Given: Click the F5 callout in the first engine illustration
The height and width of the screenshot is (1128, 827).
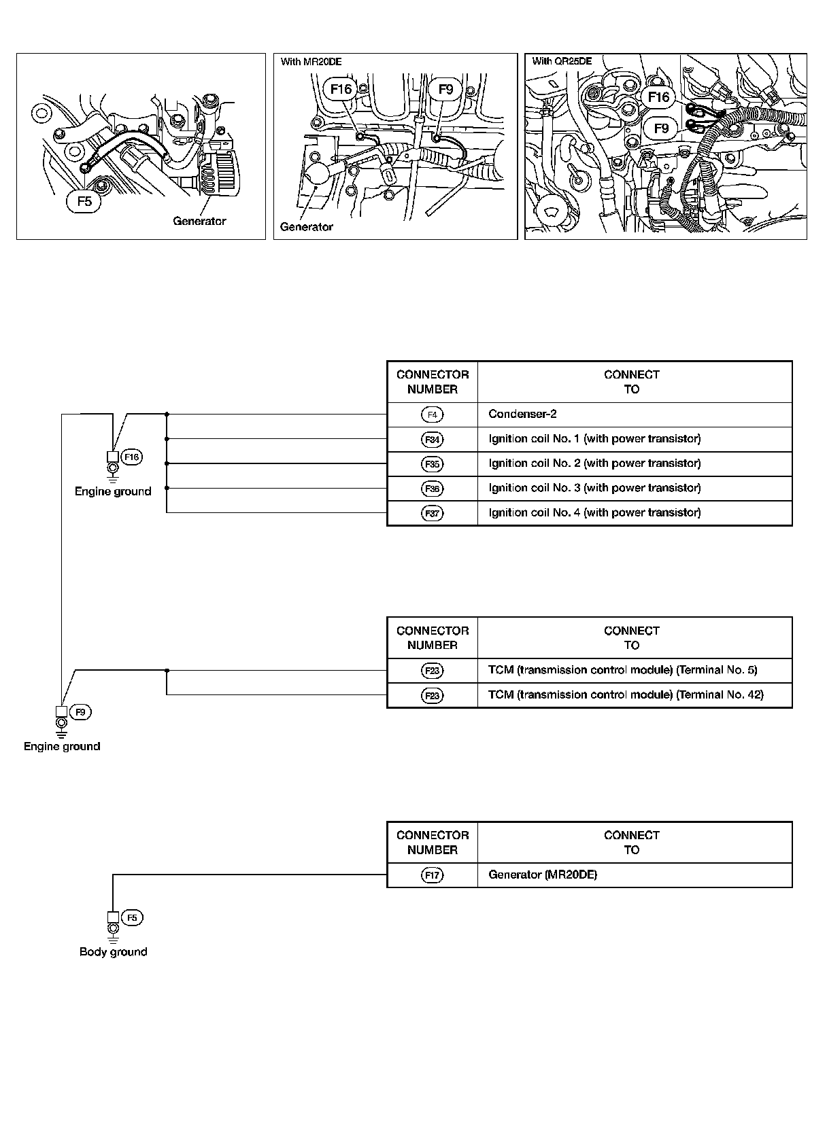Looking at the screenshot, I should pos(84,201).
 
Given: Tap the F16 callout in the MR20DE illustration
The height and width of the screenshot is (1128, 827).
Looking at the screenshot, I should pos(341,89).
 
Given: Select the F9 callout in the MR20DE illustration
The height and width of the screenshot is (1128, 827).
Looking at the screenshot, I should pos(446,89).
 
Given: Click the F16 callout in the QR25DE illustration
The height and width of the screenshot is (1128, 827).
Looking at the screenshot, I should pos(658,97).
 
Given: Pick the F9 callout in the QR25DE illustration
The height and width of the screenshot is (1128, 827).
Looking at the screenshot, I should pos(661,128).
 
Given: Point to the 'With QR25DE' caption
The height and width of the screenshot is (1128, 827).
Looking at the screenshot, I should pos(562,61).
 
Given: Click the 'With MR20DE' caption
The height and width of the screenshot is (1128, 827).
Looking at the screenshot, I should pos(311,62).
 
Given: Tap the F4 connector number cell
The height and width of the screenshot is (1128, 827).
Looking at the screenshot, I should pos(432,415).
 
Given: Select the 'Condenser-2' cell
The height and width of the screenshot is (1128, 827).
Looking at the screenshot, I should pos(522,415).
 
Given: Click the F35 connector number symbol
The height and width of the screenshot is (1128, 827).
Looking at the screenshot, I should pos(432,464).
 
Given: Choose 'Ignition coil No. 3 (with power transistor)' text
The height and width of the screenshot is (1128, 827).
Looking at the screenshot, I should pos(594,488).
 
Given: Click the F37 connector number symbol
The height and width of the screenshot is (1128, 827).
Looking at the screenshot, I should pos(432,513).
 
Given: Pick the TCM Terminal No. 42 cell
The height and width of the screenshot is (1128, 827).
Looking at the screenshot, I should pos(626,694).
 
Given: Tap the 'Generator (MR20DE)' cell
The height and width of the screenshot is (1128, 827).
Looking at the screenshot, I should pos(543,875).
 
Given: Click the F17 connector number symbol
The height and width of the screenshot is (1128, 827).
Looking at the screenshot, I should pos(432,875).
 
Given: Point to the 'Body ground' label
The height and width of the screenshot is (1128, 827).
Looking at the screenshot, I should pos(113,951).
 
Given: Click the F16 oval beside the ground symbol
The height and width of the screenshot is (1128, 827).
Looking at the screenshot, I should pos(131,457).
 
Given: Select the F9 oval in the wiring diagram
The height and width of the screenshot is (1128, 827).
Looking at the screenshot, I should pos(80,712).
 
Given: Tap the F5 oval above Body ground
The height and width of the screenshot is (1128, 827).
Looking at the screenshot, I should pos(132,918).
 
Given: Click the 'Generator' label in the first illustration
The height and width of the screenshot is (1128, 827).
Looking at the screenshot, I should pos(199,221).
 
